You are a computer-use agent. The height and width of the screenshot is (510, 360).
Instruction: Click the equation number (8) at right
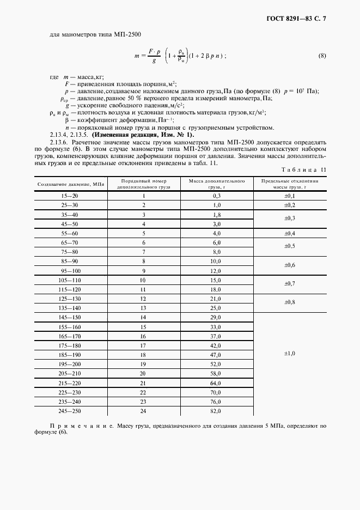pos(321,56)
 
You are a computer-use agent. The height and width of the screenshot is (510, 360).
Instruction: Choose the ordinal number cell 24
pos(144,410)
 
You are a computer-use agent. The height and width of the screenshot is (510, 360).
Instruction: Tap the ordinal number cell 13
pos(144,308)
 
